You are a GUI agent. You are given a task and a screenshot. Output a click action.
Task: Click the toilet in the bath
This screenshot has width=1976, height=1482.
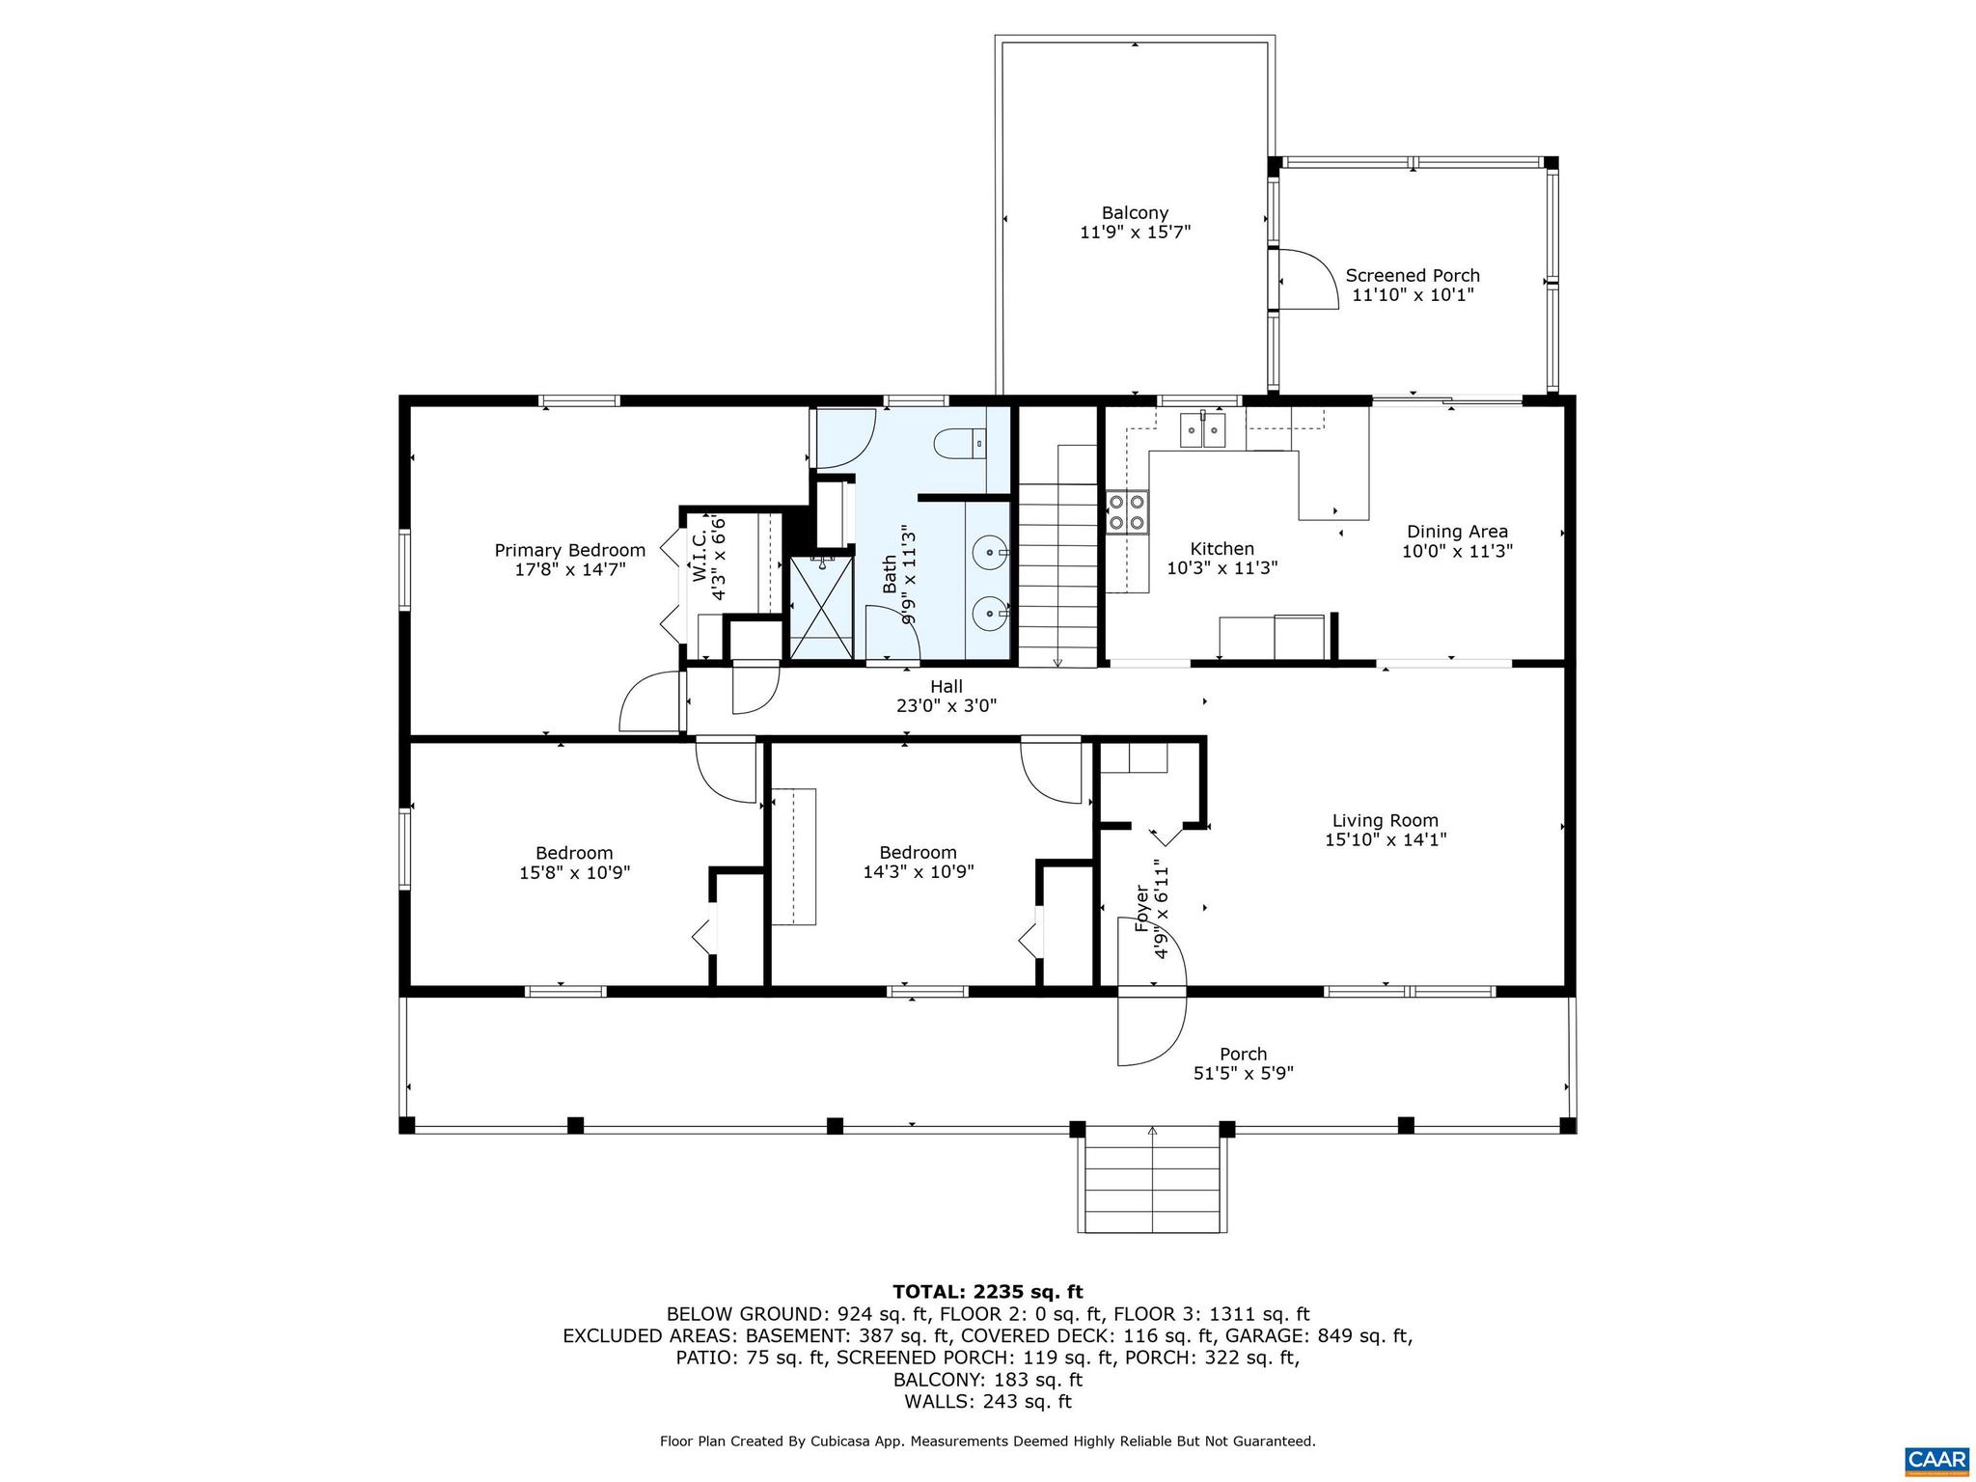pyautogui.click(x=959, y=443)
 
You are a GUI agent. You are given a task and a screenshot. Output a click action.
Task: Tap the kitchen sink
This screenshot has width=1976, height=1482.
pyautogui.click(x=1202, y=430)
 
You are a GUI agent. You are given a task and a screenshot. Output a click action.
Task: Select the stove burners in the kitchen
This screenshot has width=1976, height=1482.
pyautogui.click(x=1127, y=511)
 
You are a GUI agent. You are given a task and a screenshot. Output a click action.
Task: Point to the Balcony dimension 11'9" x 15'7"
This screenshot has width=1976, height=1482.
pyautogui.click(x=1135, y=233)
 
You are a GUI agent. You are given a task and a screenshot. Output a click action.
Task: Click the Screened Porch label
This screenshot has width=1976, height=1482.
pyautogui.click(x=1413, y=276)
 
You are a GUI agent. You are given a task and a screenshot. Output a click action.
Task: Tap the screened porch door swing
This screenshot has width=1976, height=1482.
pyautogui.click(x=1307, y=279)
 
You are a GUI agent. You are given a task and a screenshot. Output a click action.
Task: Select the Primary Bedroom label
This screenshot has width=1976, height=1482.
pyautogui.click(x=569, y=550)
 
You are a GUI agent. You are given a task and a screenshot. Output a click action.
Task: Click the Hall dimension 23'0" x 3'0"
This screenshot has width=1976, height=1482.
pyautogui.click(x=946, y=706)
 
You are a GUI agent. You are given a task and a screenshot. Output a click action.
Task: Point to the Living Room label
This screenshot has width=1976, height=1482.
pyautogui.click(x=1385, y=820)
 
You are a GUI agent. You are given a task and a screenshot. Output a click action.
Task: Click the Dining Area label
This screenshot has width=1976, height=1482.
pyautogui.click(x=1457, y=532)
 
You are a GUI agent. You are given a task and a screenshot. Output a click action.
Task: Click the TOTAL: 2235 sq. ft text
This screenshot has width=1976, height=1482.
pyautogui.click(x=987, y=1292)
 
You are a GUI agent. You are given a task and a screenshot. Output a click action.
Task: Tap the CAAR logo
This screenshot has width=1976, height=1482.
pyautogui.click(x=1936, y=1459)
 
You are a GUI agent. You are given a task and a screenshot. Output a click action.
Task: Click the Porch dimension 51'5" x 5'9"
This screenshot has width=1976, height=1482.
pyautogui.click(x=1243, y=1073)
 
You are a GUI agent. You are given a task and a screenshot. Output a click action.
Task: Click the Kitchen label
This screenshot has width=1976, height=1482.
pyautogui.click(x=1221, y=549)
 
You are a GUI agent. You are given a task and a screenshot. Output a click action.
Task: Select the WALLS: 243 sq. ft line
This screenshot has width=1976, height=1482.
pyautogui.click(x=987, y=1402)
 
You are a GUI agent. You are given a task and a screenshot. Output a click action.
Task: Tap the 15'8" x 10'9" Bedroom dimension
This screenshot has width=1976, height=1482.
pyautogui.click(x=574, y=873)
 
